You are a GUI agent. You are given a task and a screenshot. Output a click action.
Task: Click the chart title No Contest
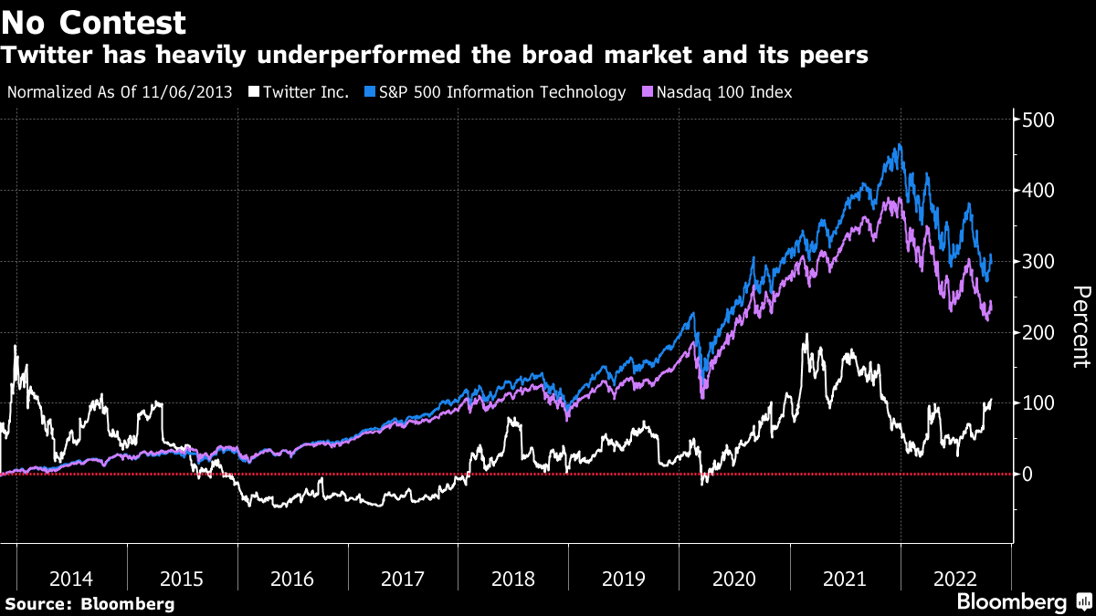click(94, 22)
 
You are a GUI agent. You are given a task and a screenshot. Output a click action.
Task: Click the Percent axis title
click(1080, 327)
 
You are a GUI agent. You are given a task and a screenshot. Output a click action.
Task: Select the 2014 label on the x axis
click(71, 579)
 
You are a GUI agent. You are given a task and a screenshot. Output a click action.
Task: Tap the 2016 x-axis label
click(292, 579)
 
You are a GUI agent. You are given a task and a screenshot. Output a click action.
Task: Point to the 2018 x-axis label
click(513, 579)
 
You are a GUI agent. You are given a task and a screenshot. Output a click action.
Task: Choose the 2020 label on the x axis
click(733, 579)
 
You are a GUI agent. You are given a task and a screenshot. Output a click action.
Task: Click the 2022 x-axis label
click(954, 579)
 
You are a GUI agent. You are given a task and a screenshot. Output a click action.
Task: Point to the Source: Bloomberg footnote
click(90, 603)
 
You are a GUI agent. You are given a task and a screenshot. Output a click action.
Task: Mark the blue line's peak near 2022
click(901, 144)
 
